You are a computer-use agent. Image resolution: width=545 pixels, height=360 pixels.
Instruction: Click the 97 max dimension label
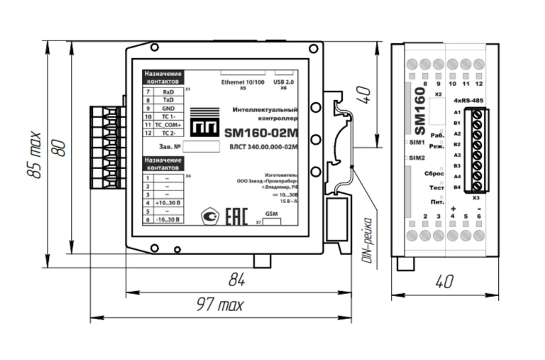click(x=221, y=305)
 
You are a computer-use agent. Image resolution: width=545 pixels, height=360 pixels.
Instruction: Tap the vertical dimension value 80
click(x=61, y=147)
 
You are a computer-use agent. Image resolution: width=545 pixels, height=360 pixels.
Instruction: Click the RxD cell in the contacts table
click(x=168, y=92)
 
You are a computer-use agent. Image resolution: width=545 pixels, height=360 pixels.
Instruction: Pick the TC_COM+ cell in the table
click(x=168, y=124)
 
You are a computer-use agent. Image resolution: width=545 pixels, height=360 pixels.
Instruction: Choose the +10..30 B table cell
click(x=168, y=203)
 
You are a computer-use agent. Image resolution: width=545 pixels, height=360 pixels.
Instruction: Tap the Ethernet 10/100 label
click(x=242, y=82)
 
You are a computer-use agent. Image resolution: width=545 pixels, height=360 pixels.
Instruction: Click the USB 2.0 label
click(x=284, y=82)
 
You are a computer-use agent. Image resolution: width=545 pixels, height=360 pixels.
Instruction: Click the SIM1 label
click(x=417, y=143)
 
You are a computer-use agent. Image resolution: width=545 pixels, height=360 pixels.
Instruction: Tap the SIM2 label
click(x=417, y=158)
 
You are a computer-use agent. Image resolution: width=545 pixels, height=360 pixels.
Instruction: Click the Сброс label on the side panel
click(x=434, y=174)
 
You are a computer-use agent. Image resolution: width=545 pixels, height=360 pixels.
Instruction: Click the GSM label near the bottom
click(x=271, y=214)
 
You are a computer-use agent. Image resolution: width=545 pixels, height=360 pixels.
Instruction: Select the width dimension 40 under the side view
click(x=444, y=282)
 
